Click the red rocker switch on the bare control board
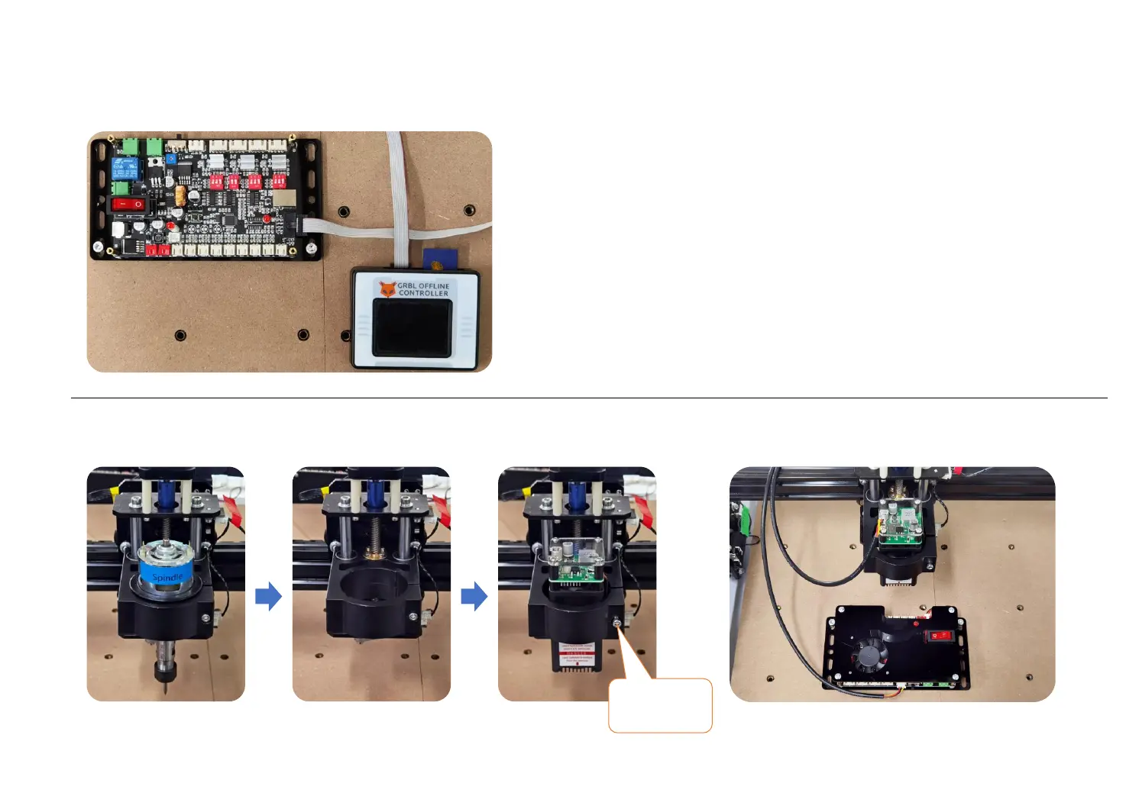tap(128, 205)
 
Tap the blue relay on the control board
tap(125, 168)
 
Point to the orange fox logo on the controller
tap(387, 289)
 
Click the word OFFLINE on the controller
tap(434, 286)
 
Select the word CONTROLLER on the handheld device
tap(423, 294)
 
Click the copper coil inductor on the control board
tap(180, 195)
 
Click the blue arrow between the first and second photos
tap(268, 596)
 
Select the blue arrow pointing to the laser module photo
tap(474, 596)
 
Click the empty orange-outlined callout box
tap(660, 706)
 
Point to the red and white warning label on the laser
tap(576, 653)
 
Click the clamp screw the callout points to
tap(616, 624)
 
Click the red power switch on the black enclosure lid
tap(939, 634)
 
